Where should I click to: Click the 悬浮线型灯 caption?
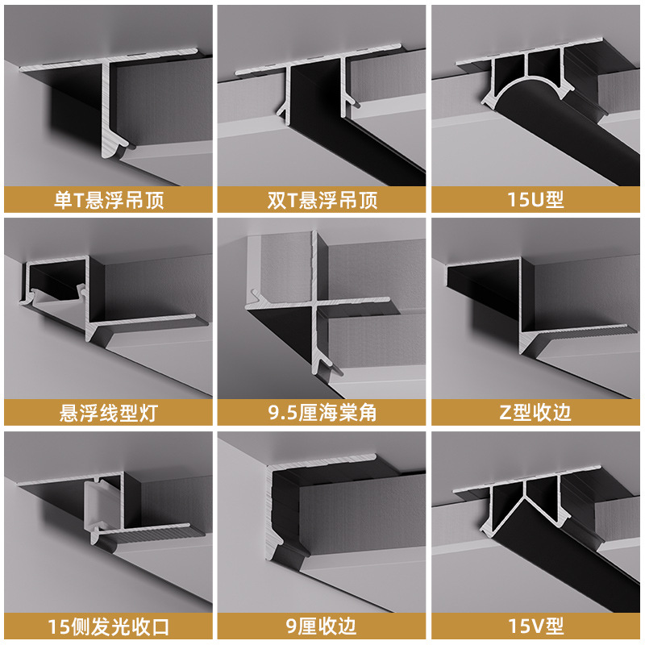coord(108,414)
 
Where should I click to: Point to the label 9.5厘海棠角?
coord(322,414)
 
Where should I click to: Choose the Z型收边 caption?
coord(537,414)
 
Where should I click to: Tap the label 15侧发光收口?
coord(108,626)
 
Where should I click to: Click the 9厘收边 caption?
coord(322,626)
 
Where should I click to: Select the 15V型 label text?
coord(537,626)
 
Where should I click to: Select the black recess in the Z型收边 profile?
coord(484,286)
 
